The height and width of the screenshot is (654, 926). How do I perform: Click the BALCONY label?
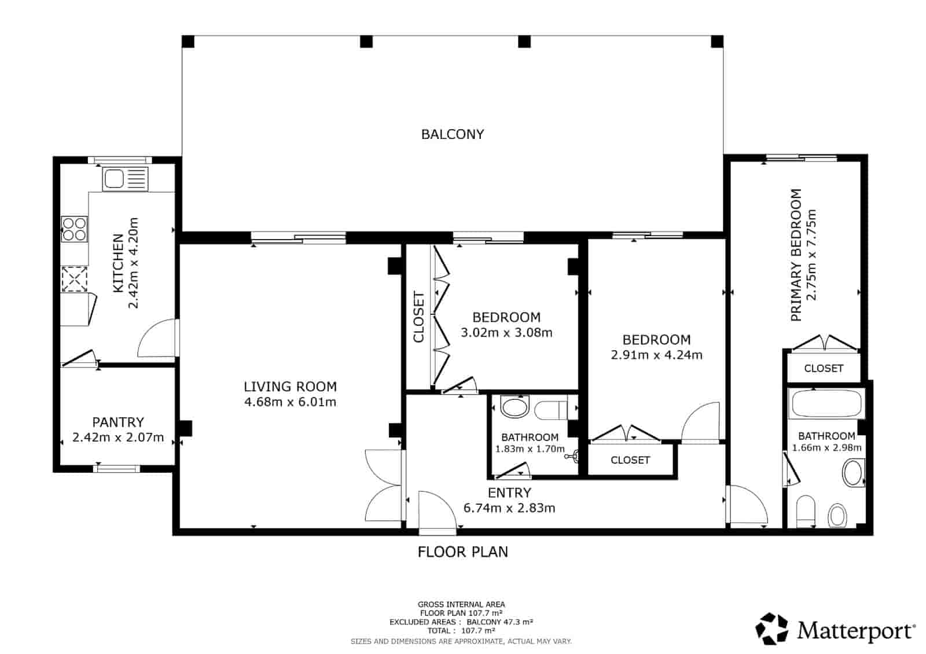click(452, 134)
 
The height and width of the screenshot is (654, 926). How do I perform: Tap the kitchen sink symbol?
click(125, 179)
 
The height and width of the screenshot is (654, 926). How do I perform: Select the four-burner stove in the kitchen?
click(75, 229)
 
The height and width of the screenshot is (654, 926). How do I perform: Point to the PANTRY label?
click(118, 422)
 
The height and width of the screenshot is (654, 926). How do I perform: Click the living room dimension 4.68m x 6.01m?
click(290, 402)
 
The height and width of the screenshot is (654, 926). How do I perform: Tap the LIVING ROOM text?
click(290, 387)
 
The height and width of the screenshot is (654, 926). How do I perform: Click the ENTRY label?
click(509, 493)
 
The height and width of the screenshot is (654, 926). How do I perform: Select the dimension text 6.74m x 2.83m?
click(509, 508)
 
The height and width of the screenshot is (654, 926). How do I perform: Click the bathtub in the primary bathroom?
click(826, 403)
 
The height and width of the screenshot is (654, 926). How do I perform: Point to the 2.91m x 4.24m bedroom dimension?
click(656, 355)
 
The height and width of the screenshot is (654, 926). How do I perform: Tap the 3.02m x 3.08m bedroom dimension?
click(506, 333)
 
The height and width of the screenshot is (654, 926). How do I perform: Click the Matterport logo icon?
click(771, 629)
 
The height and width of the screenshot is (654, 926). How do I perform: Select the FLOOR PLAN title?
click(462, 552)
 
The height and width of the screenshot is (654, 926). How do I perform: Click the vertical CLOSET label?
click(419, 317)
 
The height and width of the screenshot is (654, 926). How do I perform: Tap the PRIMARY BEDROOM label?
click(796, 255)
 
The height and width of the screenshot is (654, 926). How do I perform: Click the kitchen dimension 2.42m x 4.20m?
click(133, 263)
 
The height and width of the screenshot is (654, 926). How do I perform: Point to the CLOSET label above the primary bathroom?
click(824, 368)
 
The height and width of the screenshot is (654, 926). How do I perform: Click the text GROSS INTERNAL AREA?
click(461, 604)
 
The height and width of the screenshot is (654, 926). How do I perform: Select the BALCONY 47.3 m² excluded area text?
click(500, 622)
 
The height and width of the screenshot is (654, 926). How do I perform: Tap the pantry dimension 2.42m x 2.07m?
click(118, 438)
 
